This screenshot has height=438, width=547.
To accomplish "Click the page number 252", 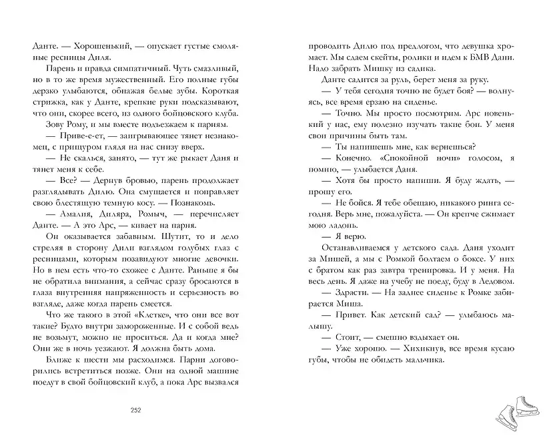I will point(139,410).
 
